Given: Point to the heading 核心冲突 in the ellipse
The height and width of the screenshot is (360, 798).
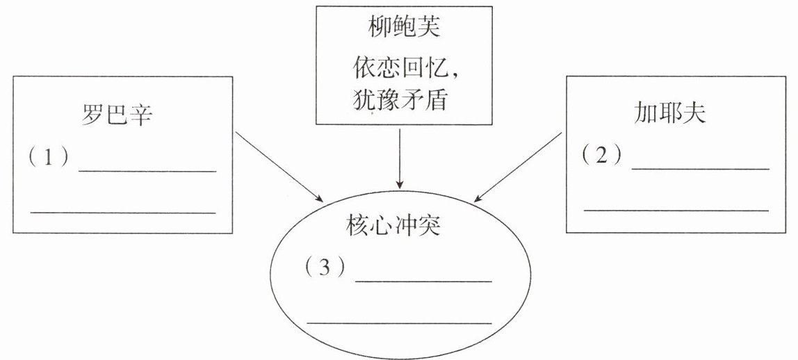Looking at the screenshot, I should click(x=393, y=227).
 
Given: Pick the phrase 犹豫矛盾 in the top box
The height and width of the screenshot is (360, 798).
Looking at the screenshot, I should click(x=399, y=99).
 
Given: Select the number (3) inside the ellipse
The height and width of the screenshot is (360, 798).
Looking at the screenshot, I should click(x=325, y=268).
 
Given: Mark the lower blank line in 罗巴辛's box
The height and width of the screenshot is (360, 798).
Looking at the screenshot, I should click(x=123, y=212).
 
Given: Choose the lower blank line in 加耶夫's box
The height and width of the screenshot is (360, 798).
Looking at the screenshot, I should click(x=676, y=209).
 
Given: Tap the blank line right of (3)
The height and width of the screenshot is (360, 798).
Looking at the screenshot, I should click(x=423, y=281).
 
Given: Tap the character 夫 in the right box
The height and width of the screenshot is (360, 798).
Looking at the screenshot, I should click(x=694, y=113).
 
